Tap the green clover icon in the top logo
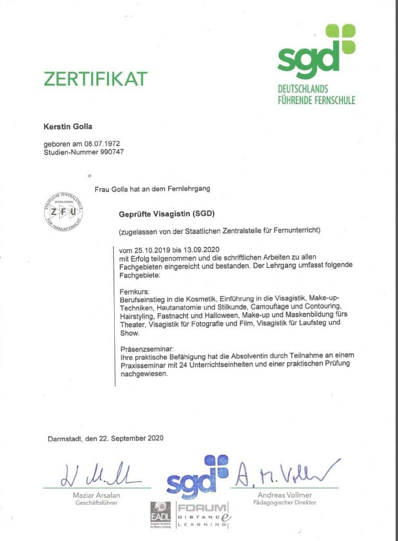click(x=340, y=39)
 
